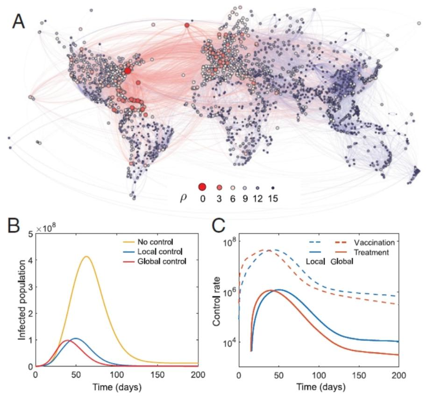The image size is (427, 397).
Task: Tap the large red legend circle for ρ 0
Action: pos(202,187)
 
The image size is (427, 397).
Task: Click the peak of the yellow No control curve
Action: pos(86,256)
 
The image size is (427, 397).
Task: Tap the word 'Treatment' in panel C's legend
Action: pos(376,252)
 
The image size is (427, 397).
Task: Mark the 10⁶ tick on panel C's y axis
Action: pos(228,292)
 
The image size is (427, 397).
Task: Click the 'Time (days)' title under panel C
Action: pos(319,387)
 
